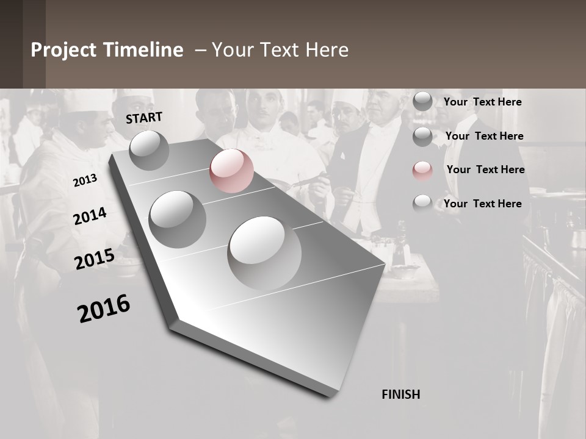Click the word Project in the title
63,50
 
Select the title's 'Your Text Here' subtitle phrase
280,50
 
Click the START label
144,118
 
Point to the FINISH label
400,394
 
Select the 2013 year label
85,180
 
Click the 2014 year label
90,216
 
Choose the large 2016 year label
104,309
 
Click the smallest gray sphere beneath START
149,150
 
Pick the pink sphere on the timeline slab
231,171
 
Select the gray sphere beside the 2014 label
177,219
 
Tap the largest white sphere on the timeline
264,252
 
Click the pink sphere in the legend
422,170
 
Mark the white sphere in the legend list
422,204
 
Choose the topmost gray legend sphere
422,101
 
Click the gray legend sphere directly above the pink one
422,137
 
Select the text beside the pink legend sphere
485,170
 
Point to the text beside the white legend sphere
482,204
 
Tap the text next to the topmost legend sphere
482,102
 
